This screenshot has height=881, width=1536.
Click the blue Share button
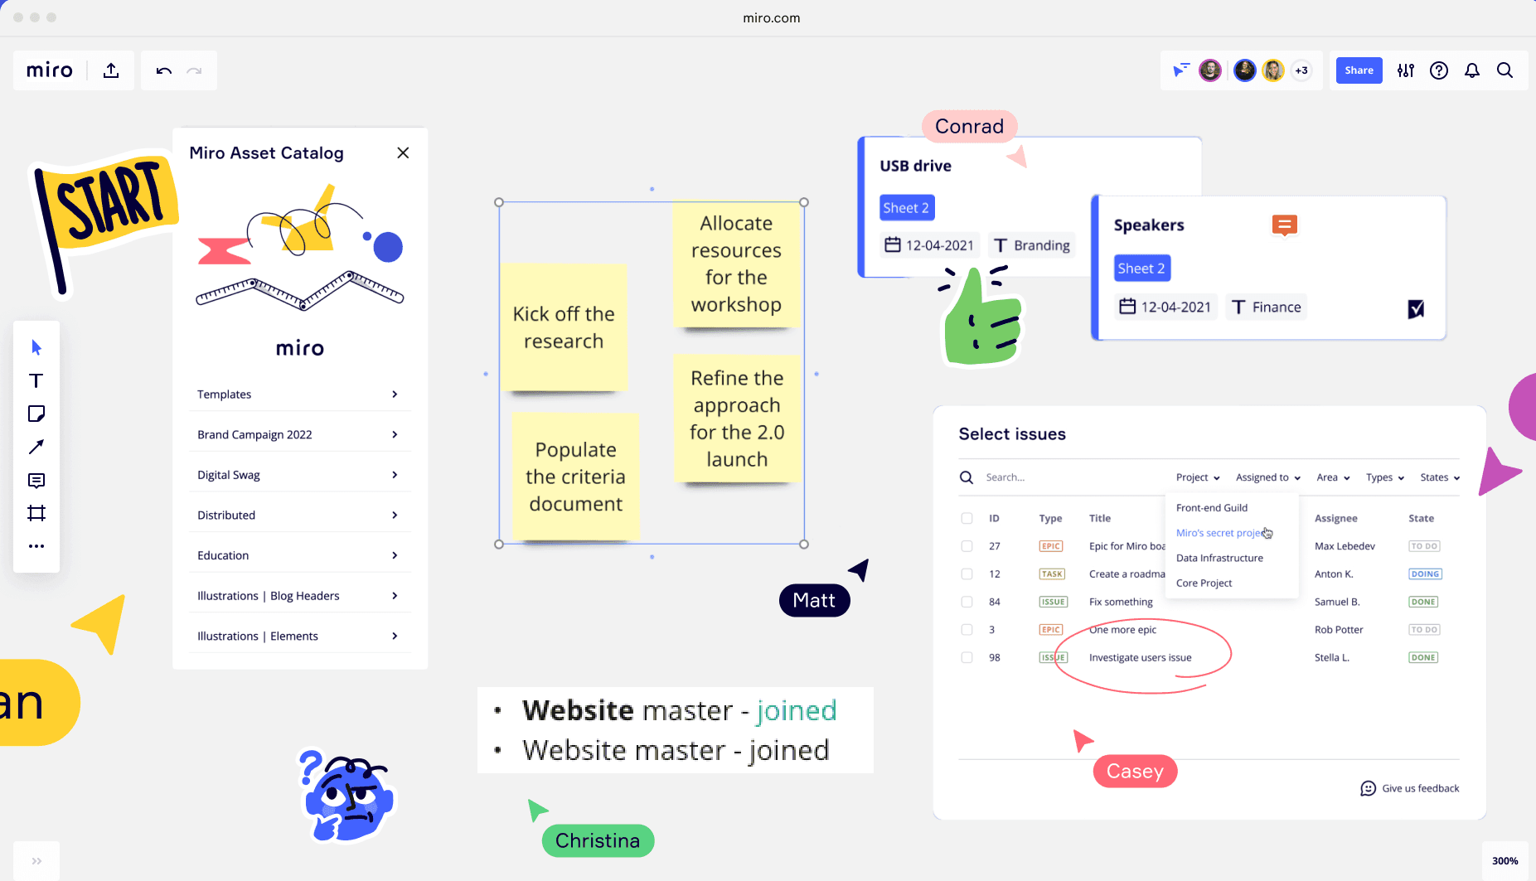coord(1359,70)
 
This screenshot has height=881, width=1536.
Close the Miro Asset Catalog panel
coord(403,152)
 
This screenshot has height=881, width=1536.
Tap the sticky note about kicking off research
coord(564,327)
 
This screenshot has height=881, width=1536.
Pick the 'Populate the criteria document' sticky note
coord(575,477)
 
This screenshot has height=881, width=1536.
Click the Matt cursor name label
coord(814,601)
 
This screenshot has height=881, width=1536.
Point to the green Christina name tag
coord(598,840)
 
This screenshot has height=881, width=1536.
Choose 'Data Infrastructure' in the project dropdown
coord(1219,558)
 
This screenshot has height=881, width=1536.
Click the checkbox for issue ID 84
coord(967,602)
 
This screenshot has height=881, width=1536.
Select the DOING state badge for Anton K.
coord(1424,574)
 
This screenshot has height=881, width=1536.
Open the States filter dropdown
coord(1439,477)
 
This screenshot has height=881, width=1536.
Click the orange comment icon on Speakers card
coord(1284,225)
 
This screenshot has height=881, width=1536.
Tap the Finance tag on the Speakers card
coord(1267,307)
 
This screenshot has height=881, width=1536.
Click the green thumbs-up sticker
coord(981,319)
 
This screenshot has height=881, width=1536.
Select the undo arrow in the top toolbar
coord(163,70)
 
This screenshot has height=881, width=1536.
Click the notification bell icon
coord(1471,70)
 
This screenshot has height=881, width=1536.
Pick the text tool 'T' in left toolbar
coord(36,380)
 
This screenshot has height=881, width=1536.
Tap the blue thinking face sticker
coord(348,797)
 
